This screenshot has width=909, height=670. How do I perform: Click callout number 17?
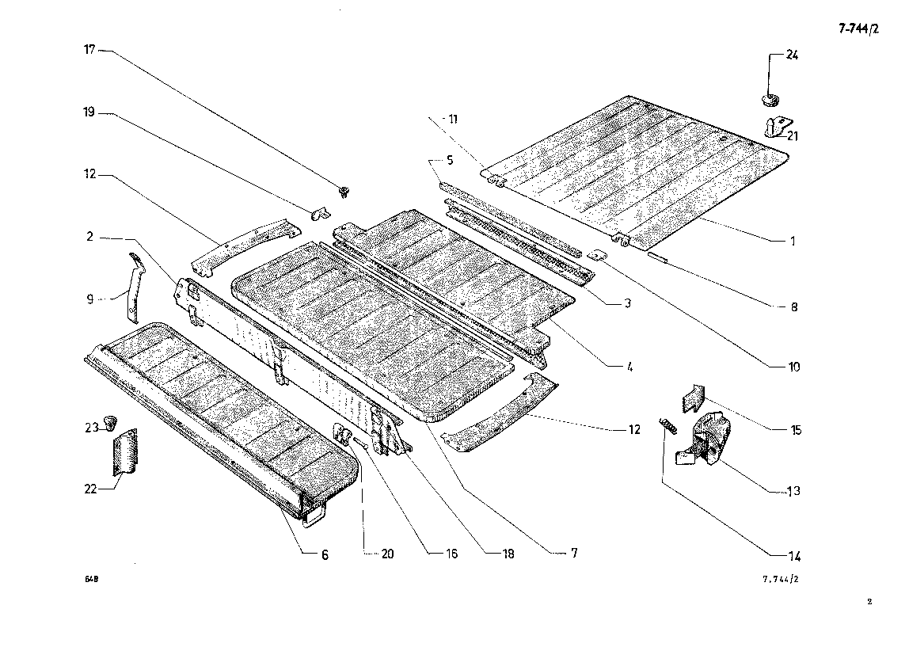[x=89, y=50]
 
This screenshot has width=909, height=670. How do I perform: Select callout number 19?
[x=89, y=112]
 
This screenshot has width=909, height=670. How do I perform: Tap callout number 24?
[x=792, y=55]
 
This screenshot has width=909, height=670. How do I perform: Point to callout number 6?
[x=325, y=554]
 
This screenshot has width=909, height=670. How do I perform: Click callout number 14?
[x=794, y=557]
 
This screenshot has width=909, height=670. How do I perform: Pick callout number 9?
[x=89, y=299]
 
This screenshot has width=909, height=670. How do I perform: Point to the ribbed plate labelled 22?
[x=124, y=453]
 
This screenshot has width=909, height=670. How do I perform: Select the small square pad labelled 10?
[x=595, y=255]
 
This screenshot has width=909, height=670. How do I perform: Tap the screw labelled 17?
[x=345, y=191]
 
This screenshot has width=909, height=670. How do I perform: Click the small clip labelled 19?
[x=319, y=213]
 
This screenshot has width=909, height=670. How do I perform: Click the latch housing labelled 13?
[x=705, y=438]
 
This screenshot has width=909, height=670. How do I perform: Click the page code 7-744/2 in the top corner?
[x=858, y=29]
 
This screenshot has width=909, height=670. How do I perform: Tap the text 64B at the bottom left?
[x=92, y=579]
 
